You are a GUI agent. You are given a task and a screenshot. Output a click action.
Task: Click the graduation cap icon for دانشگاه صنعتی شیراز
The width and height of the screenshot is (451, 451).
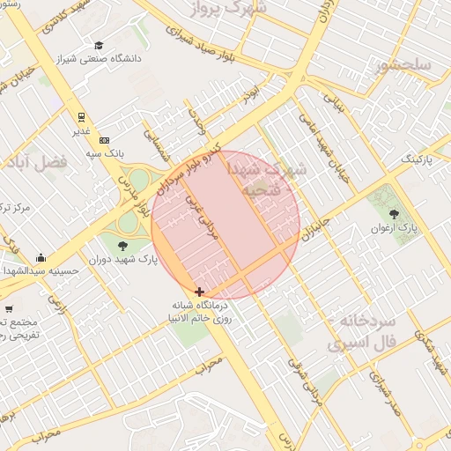pyautogui.click(x=99, y=46)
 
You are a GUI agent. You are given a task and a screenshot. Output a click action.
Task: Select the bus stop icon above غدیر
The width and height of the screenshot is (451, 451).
pyautogui.click(x=81, y=116)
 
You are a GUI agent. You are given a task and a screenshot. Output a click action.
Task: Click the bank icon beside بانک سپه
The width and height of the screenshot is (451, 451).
pyautogui.click(x=105, y=140)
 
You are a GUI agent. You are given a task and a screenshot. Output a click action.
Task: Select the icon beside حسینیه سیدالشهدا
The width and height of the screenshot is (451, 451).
pyautogui.click(x=41, y=258)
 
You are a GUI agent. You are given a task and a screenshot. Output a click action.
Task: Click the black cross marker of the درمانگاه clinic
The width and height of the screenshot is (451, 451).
pyautogui.click(x=200, y=292)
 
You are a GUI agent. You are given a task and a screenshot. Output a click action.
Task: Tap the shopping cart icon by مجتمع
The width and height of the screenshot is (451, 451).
pyautogui.click(x=9, y=308)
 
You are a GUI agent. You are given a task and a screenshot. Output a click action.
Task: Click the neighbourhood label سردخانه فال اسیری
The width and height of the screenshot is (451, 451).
pyautogui.click(x=363, y=332)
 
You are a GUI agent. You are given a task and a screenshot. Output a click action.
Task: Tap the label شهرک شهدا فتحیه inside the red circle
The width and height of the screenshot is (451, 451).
pyautogui.click(x=267, y=177)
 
